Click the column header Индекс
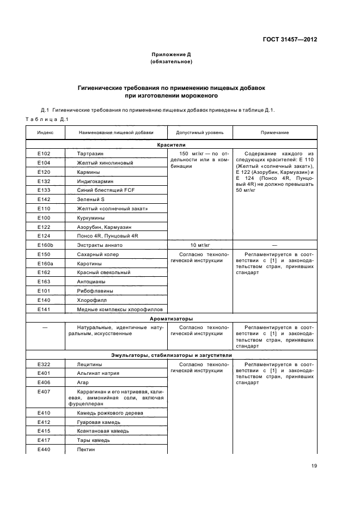(45, 132)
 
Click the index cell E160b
(45, 245)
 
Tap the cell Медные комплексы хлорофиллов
(113, 309)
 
